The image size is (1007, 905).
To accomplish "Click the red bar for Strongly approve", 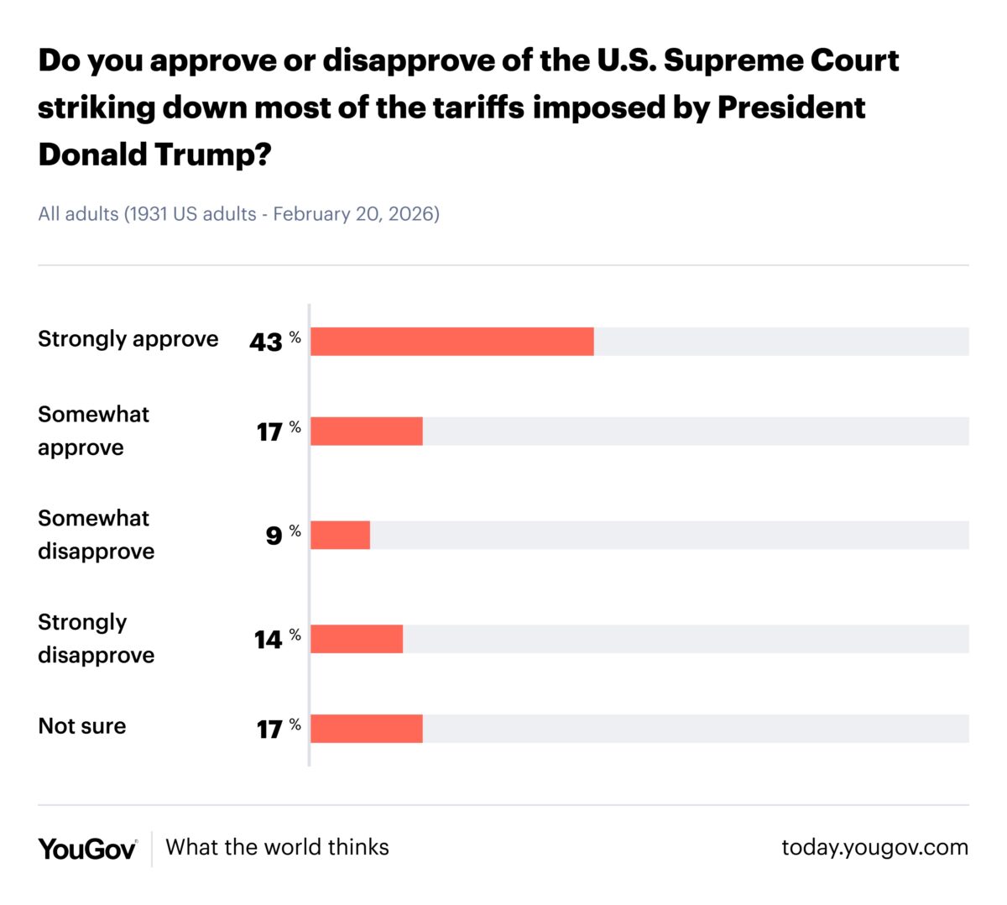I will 451,342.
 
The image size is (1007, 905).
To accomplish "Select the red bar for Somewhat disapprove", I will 340,535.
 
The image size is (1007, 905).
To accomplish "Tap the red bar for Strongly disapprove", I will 357,639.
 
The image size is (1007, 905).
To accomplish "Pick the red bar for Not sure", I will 367,729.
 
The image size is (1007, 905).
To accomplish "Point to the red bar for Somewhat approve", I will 367,432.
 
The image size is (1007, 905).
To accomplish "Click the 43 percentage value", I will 266,343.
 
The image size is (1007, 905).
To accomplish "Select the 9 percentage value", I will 274,536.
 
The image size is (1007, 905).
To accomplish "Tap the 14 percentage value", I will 269,640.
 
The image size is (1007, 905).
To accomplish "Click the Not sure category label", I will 82,726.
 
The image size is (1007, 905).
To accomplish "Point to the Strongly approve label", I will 128,339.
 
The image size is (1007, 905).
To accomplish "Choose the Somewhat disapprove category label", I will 96,535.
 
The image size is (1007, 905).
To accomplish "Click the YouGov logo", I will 87,849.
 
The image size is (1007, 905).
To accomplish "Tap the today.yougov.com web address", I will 874,847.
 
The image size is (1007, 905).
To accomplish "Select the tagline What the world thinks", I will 277,847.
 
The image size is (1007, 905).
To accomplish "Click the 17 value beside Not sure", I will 269,730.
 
